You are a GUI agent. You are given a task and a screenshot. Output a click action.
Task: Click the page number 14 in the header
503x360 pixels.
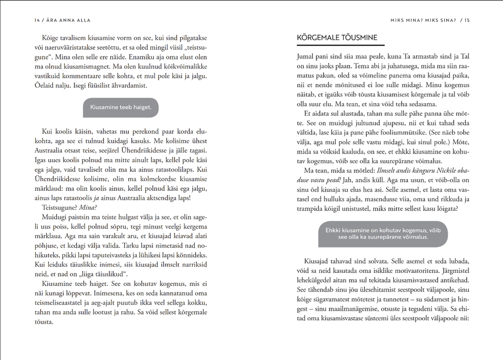point(37,20)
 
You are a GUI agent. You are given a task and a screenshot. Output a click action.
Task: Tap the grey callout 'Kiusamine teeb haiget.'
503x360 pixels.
point(121,107)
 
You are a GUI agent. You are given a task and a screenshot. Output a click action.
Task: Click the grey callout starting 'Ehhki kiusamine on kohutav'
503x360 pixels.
point(383,234)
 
